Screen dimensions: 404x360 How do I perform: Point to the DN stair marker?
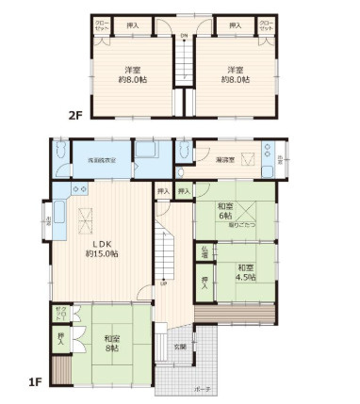coord(183,37)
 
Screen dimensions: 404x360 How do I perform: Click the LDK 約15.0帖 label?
coord(102,248)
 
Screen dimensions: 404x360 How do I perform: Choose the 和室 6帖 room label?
coord(226,211)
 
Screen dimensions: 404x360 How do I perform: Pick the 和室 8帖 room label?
coord(112,343)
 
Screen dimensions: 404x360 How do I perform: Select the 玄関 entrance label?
coord(180,347)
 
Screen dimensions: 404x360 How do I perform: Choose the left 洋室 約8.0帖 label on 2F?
coord(133,73)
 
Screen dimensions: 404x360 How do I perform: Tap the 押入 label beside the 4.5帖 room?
coord(205,281)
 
